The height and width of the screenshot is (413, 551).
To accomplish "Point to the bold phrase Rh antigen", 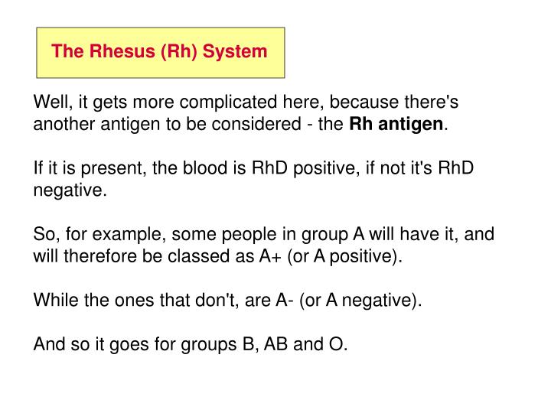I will click(x=396, y=125).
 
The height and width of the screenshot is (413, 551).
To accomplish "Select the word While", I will click(x=52, y=300).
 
